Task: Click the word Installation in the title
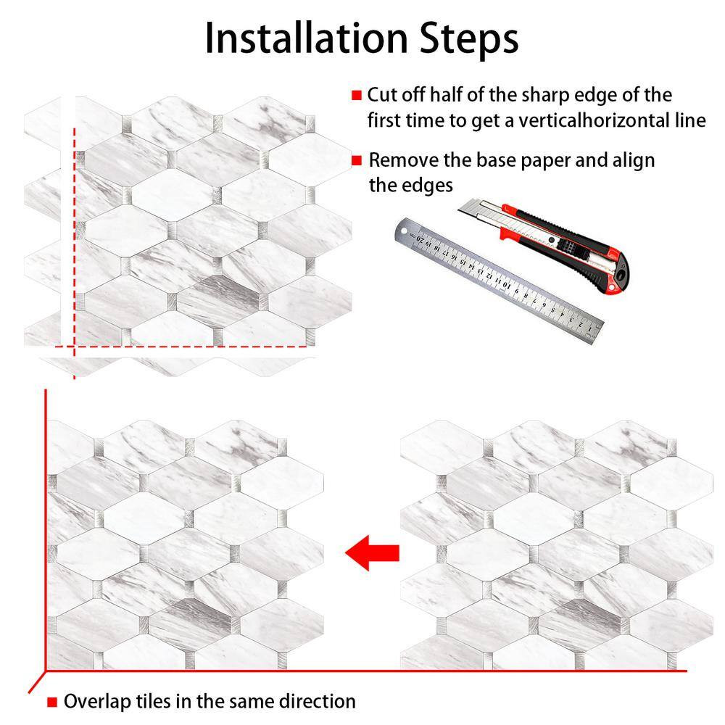click(x=306, y=38)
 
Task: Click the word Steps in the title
click(x=469, y=40)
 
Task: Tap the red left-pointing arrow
click(x=372, y=552)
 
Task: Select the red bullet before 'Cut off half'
click(x=357, y=95)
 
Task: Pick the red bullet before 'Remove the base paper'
click(x=357, y=160)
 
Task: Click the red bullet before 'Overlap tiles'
click(x=52, y=703)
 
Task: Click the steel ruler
click(x=499, y=280)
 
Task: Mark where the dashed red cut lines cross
click(x=74, y=346)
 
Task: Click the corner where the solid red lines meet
click(x=45, y=671)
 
